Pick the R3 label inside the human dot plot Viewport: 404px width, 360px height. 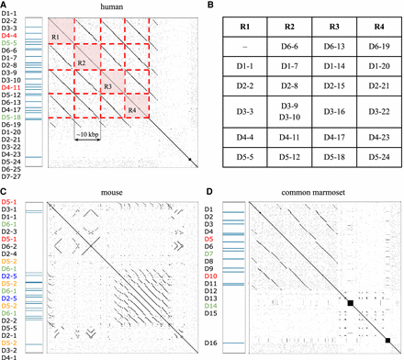pos(108,87)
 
